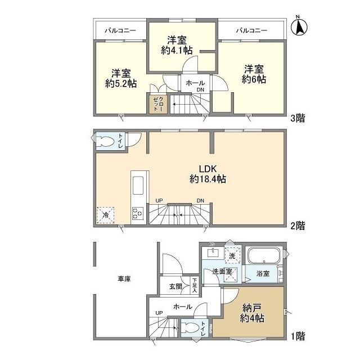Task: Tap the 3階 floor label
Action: point(298,120)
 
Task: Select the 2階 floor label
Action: point(298,226)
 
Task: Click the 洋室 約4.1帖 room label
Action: point(177,45)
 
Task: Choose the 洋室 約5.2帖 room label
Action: point(120,78)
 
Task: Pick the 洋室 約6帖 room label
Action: point(254,74)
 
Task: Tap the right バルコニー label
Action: point(251,30)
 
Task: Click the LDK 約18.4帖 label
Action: point(208,174)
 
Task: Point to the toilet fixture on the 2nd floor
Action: point(106,141)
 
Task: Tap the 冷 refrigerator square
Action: point(105,214)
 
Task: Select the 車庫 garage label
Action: point(124,278)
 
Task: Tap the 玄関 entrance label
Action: point(175,286)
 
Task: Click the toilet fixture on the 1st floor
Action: point(191,328)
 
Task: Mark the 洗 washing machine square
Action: point(232,255)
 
